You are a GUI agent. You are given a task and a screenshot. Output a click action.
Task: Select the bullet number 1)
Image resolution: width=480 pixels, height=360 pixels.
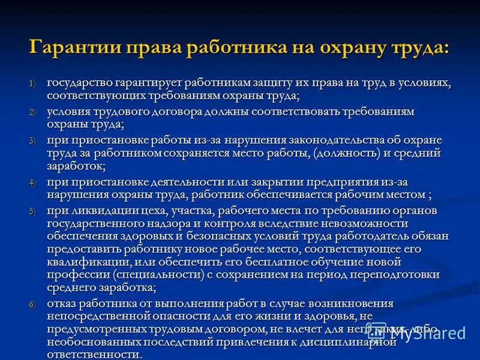point(33,83)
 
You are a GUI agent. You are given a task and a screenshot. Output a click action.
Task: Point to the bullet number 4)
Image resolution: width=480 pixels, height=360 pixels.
point(33,182)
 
